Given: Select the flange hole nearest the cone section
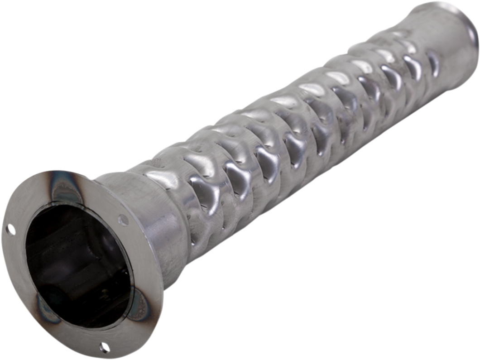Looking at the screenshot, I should [x=121, y=221].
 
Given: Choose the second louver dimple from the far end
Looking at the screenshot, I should [x=412, y=68].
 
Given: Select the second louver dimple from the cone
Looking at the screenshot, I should [x=235, y=174].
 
